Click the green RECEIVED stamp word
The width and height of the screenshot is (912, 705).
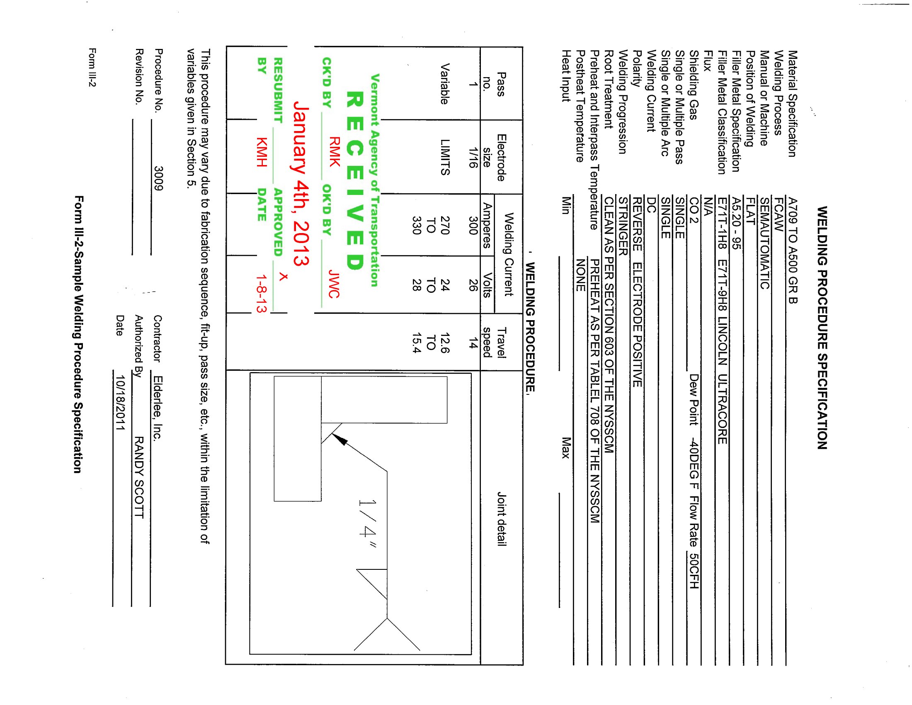(x=355, y=180)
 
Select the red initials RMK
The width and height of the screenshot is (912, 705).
(x=335, y=152)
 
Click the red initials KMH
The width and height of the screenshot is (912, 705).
(x=262, y=152)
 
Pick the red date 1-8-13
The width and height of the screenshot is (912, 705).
(x=262, y=294)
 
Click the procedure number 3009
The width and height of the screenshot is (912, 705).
(x=158, y=178)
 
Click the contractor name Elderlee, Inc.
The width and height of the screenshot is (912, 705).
(x=158, y=408)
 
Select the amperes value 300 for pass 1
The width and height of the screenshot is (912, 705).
(x=473, y=226)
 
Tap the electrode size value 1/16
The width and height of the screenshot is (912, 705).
(x=473, y=158)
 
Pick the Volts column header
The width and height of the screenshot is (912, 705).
(x=487, y=284)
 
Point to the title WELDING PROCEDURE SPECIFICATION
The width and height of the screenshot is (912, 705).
(x=822, y=328)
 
